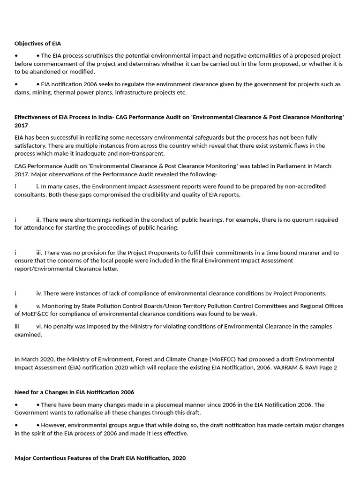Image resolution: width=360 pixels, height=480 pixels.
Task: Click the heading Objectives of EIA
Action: (37, 43)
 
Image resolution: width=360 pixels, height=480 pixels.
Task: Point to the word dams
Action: (22, 92)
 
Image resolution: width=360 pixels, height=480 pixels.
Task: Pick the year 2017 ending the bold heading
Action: (21, 125)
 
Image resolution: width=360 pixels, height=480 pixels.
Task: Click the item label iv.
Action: (39, 293)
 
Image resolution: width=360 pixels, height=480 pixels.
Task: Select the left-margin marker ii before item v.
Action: (16, 306)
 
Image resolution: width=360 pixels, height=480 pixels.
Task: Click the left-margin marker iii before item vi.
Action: (17, 326)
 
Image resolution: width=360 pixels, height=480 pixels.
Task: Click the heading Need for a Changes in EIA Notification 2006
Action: (74, 392)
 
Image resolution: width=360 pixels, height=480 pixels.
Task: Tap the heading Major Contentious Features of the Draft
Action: (100, 458)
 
